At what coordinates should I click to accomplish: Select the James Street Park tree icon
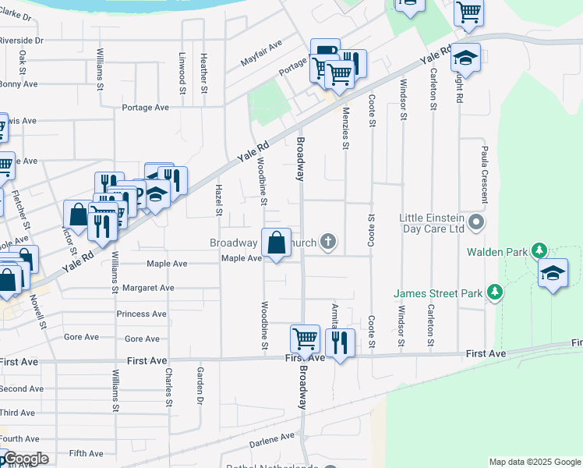(x=493, y=292)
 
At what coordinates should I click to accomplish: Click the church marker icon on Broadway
(x=329, y=242)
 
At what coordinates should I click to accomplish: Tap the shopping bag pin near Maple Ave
(x=276, y=243)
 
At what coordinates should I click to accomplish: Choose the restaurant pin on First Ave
(x=340, y=343)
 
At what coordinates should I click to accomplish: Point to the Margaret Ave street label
(x=148, y=288)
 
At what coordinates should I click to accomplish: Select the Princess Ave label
(x=141, y=314)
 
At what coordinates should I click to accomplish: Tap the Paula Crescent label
(x=484, y=173)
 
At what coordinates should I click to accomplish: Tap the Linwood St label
(x=182, y=73)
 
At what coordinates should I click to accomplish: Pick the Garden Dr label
(x=200, y=385)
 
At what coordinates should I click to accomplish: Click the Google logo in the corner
(x=25, y=459)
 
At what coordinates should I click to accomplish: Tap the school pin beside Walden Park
(x=553, y=275)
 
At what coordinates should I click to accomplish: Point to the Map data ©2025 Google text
(x=535, y=462)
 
